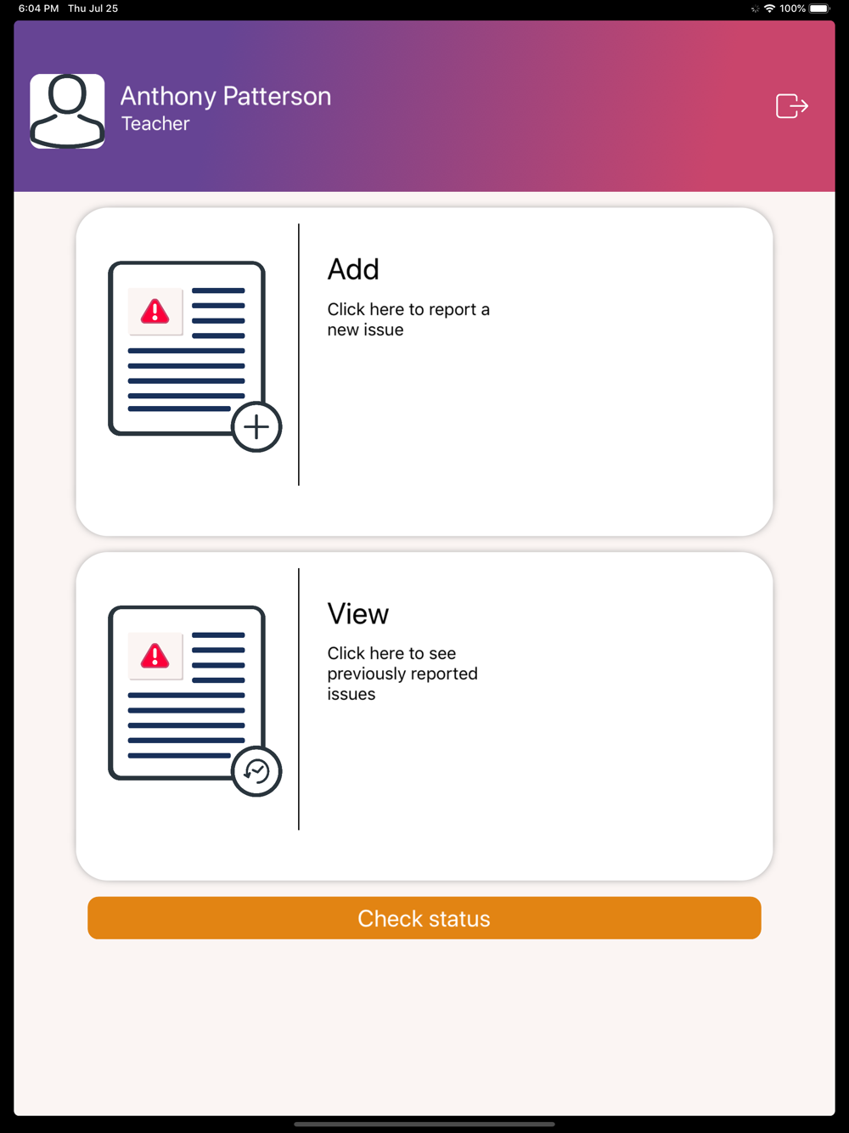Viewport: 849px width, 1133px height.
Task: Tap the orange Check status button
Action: click(424, 918)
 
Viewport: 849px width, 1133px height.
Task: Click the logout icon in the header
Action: click(792, 106)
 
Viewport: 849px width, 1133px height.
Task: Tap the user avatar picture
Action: click(67, 111)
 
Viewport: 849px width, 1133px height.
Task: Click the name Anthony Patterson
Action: click(226, 97)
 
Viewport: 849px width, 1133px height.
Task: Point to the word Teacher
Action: click(155, 124)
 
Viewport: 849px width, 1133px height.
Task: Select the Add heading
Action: click(353, 269)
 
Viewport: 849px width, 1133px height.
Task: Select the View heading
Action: click(358, 614)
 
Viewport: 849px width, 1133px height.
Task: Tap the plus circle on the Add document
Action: click(256, 427)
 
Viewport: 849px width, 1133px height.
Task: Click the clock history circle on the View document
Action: click(256, 771)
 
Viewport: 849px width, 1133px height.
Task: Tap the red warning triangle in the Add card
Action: click(155, 311)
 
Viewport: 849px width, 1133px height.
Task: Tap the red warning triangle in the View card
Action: click(155, 656)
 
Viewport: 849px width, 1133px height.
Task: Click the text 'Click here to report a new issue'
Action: click(408, 319)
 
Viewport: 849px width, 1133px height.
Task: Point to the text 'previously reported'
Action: click(402, 674)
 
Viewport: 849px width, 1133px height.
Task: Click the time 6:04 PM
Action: click(39, 8)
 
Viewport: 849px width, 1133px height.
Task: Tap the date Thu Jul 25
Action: click(93, 8)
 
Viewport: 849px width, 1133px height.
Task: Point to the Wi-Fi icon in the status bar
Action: click(769, 8)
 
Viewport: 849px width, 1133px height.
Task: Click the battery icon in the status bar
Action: click(819, 8)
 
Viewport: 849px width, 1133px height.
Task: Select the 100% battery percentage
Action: click(792, 8)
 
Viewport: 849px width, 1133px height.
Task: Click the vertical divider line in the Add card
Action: click(299, 355)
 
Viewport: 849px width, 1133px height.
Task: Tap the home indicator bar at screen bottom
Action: click(424, 1124)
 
